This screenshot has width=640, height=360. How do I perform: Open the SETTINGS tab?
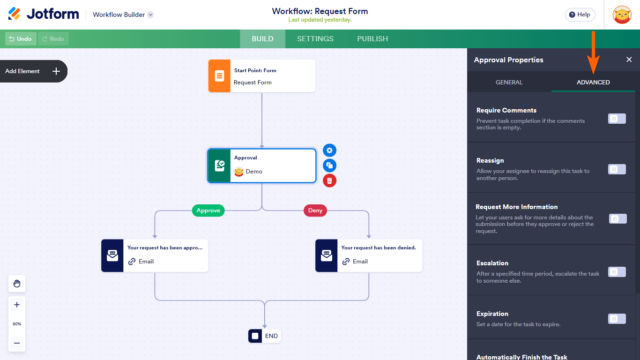(x=315, y=39)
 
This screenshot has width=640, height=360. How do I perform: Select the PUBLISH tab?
(x=372, y=39)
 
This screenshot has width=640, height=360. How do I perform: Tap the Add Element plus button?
(x=56, y=71)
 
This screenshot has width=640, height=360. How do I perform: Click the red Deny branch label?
(x=316, y=210)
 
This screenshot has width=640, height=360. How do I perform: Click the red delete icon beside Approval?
(x=330, y=181)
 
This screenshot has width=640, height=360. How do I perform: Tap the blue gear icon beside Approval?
(x=330, y=150)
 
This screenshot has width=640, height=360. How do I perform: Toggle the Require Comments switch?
(x=617, y=119)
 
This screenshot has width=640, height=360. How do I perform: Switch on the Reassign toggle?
(x=617, y=169)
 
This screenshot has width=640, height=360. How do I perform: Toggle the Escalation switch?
(x=617, y=270)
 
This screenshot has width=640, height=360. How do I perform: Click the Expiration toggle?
(x=617, y=319)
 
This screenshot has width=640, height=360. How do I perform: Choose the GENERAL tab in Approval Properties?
(x=509, y=82)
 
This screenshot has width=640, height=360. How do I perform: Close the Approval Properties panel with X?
(x=628, y=60)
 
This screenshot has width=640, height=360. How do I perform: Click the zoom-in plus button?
(x=17, y=304)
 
